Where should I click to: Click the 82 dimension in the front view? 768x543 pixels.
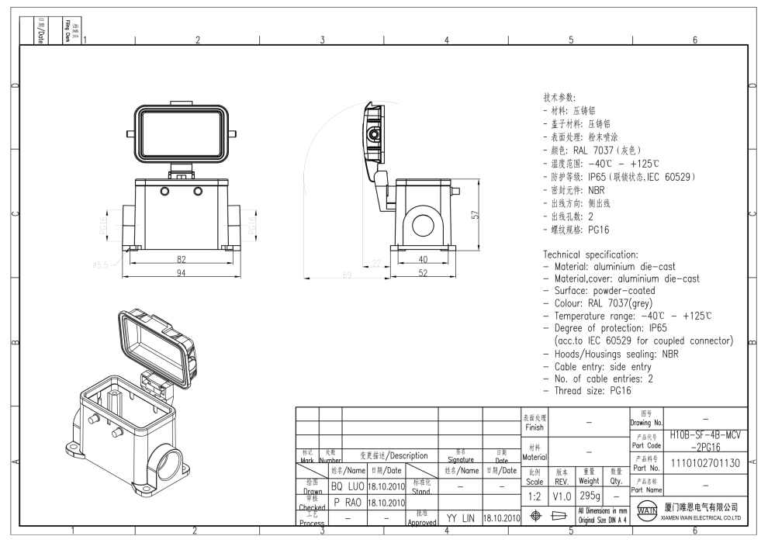coord(180,260)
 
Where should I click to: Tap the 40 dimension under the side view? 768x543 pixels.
coord(424,260)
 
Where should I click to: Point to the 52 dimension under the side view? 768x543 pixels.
coord(424,273)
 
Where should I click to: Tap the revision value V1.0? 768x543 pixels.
coord(562,494)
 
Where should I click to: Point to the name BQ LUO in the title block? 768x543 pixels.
coord(348,486)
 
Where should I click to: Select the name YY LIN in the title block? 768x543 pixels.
coord(460,515)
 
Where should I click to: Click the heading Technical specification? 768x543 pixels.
coord(590,254)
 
